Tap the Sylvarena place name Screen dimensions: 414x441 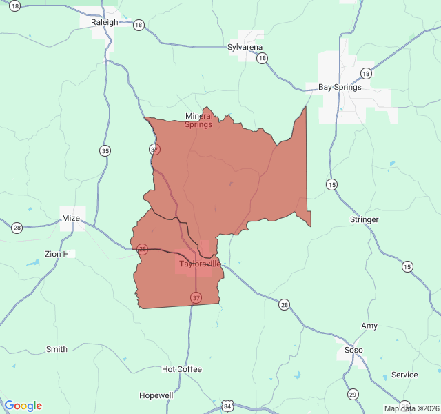pos(245,48)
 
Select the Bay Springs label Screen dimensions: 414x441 pos(339,88)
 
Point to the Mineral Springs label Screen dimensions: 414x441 pos(198,120)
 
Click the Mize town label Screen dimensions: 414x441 pos(71,218)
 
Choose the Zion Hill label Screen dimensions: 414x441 pos(60,254)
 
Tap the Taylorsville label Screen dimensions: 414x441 pos(200,264)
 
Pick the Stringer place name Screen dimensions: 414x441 pos(364,219)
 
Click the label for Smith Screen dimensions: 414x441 pos(57,349)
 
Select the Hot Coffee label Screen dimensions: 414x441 pos(182,369)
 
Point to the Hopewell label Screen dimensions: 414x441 pos(156,395)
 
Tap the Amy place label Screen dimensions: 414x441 pos(369,326)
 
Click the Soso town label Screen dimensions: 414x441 pos(353,350)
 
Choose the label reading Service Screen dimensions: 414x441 pos(404,375)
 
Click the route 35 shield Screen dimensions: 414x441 pos(105,151)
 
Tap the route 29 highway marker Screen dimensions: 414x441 pos(353,394)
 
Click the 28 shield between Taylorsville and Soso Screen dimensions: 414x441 pos(284,304)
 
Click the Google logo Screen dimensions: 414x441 pos(23,406)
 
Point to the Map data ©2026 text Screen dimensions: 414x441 pos(411,408)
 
